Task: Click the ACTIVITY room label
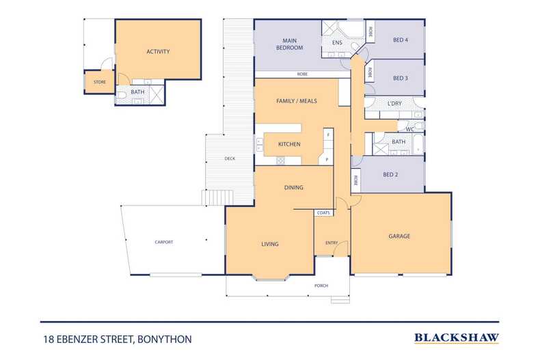click(158, 52)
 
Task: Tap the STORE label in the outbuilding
click(100, 82)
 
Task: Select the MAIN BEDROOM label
click(290, 44)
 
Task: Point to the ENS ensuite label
click(337, 42)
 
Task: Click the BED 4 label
click(401, 40)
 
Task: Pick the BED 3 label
click(401, 78)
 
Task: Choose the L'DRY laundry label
click(394, 103)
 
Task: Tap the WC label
click(410, 129)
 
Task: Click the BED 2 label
click(390, 174)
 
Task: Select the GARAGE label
click(399, 236)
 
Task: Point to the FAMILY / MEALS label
click(297, 101)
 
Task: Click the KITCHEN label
click(289, 144)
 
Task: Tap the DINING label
click(294, 188)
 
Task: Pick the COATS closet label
click(323, 213)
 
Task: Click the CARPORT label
click(164, 243)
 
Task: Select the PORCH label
click(321, 286)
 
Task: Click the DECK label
click(230, 158)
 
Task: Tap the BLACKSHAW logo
click(457, 338)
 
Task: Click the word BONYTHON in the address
click(165, 340)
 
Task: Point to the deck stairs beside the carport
click(217, 198)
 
